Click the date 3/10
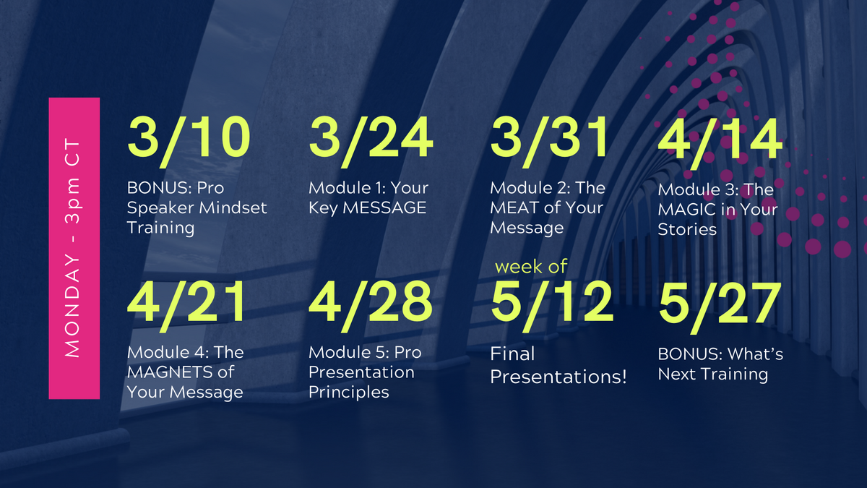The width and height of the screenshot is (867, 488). [189, 142]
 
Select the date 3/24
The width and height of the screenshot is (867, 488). [371, 142]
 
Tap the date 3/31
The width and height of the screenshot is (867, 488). [548, 142]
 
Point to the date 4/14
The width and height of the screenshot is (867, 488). [720, 144]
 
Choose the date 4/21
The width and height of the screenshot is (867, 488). [186, 306]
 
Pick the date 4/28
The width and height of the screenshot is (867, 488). [371, 306]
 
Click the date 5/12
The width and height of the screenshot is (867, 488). [552, 306]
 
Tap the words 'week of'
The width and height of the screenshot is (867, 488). [531, 267]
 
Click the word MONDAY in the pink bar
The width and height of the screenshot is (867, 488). [72, 307]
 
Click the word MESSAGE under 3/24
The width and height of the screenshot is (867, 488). [384, 208]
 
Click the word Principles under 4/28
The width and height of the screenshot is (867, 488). [349, 393]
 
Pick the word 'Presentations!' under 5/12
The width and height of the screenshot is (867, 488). [558, 377]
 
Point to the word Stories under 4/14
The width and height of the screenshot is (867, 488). [687, 230]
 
